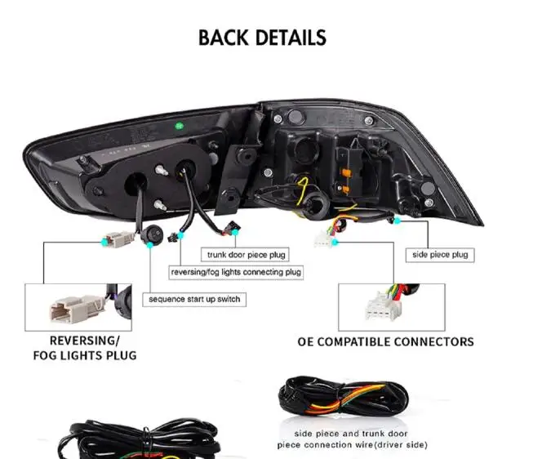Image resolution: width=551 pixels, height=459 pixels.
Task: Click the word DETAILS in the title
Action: tap(292, 38)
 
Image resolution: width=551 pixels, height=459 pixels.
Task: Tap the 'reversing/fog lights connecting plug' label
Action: tap(236, 272)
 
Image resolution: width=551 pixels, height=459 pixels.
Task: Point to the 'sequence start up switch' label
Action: tap(194, 299)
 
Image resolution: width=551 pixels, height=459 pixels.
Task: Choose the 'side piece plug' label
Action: tap(439, 255)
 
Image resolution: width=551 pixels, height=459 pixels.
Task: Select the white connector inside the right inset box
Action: tap(378, 307)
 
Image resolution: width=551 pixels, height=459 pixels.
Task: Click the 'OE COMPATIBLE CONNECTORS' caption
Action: tap(385, 341)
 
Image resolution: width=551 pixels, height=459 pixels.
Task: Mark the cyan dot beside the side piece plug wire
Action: tap(398, 221)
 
